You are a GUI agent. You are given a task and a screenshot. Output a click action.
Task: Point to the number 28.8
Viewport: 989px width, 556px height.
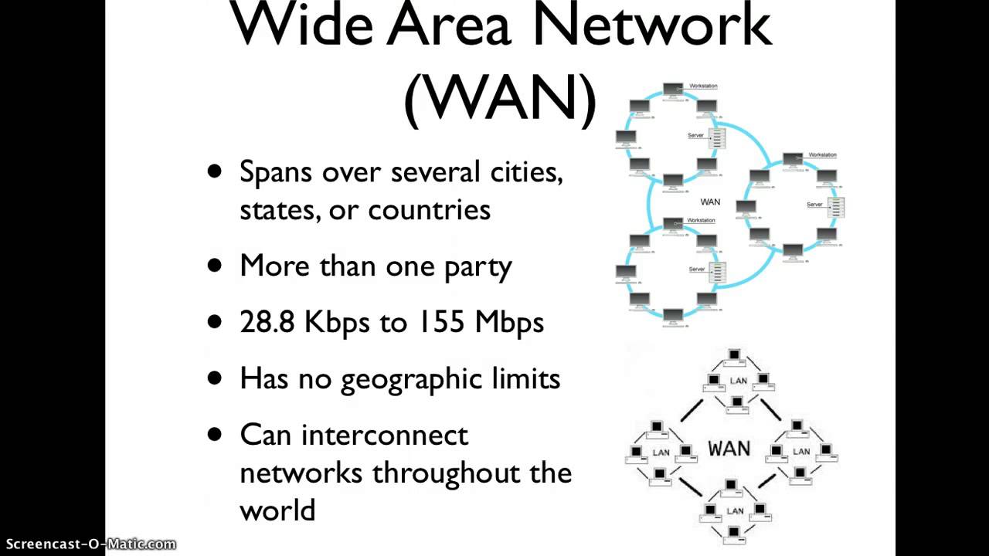pyautogui.click(x=267, y=322)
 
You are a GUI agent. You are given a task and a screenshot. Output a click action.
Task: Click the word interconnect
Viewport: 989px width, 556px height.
pyautogui.click(x=385, y=435)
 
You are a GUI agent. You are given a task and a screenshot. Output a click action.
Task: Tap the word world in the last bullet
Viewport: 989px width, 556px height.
pyautogui.click(x=277, y=510)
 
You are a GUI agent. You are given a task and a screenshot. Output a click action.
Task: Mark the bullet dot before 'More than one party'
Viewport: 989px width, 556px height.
pyautogui.click(x=215, y=266)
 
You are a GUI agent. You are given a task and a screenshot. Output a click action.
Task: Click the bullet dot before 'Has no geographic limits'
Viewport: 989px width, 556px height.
pyautogui.click(x=215, y=378)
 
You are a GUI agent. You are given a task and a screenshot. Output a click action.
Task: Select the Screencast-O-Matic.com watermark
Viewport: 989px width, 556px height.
pyautogui.click(x=89, y=544)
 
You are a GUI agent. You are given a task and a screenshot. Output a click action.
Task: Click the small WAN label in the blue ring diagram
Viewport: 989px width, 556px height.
pyautogui.click(x=710, y=202)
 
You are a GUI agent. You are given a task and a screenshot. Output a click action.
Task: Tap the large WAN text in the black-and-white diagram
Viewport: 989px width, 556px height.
pyautogui.click(x=729, y=449)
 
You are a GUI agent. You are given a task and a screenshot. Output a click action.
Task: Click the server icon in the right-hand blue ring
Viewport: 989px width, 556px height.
pyautogui.click(x=836, y=206)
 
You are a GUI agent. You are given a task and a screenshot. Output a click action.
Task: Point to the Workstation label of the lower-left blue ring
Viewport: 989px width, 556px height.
pyautogui.click(x=701, y=221)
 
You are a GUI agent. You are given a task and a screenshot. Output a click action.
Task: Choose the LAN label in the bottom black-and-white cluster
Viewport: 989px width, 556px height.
pyautogui.click(x=735, y=511)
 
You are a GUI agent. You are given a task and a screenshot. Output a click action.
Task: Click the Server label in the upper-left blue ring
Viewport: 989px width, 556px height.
pyautogui.click(x=695, y=136)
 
